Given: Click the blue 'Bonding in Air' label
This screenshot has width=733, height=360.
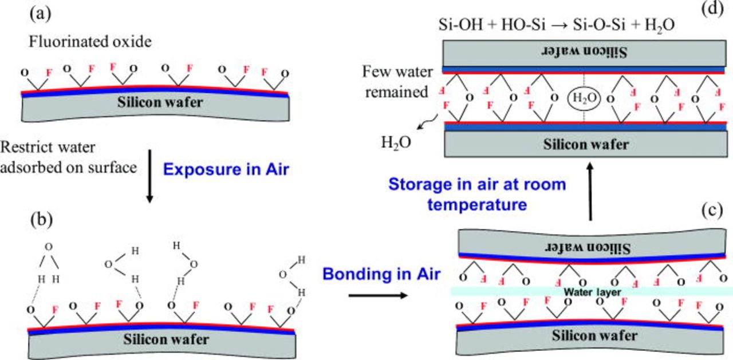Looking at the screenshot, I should click(x=381, y=274).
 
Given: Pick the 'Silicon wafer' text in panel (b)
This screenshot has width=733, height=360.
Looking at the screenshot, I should click(x=167, y=338).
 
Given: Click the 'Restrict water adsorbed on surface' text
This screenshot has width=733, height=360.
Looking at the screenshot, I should click(x=69, y=157).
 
